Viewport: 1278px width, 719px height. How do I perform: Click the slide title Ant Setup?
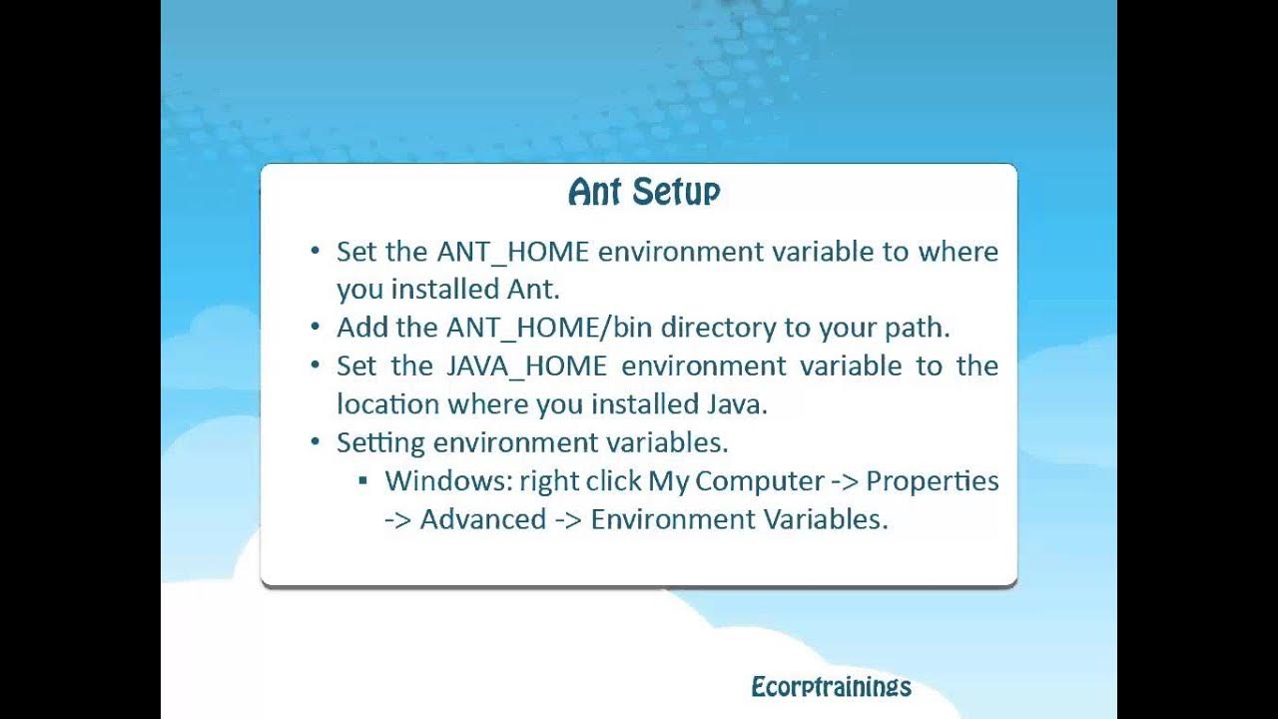click(x=644, y=191)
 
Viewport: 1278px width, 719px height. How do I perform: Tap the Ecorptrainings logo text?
click(x=831, y=687)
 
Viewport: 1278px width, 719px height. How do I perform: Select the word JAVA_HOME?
click(x=526, y=366)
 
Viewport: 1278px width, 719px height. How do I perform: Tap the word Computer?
click(x=759, y=481)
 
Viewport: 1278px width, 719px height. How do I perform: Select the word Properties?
click(x=932, y=481)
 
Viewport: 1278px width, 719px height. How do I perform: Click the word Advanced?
click(x=483, y=520)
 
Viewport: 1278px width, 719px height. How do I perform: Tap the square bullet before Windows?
click(x=362, y=481)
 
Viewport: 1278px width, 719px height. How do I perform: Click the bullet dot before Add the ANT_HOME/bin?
click(x=316, y=328)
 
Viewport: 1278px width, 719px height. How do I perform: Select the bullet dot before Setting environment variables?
click(x=316, y=442)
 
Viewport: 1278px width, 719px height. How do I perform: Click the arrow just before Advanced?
click(x=398, y=520)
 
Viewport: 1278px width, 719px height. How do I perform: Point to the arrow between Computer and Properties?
click(x=844, y=481)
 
